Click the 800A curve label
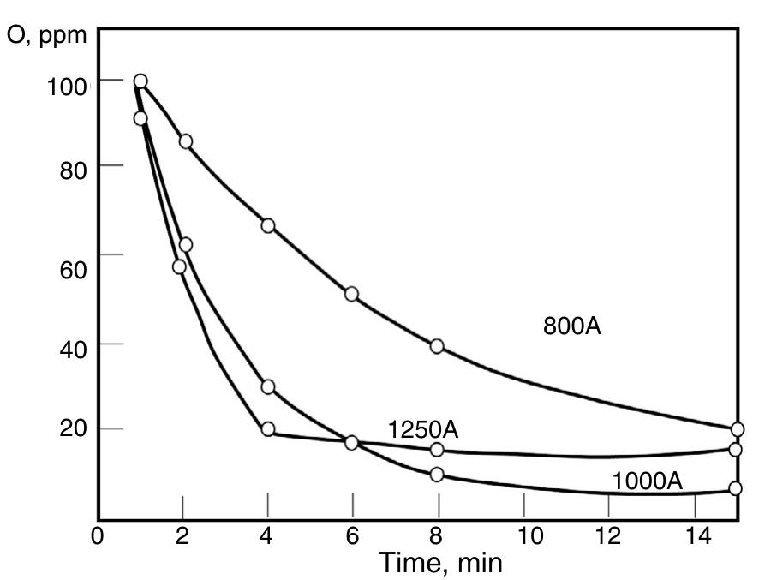(x=572, y=326)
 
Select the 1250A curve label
(x=422, y=429)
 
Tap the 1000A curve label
(x=647, y=482)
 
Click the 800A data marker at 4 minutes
(x=268, y=225)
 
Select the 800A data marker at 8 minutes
(x=437, y=346)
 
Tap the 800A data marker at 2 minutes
(x=185, y=141)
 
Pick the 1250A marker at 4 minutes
(x=268, y=429)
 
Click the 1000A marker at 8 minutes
(x=437, y=475)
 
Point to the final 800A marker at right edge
(x=737, y=429)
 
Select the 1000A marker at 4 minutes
(x=268, y=387)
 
